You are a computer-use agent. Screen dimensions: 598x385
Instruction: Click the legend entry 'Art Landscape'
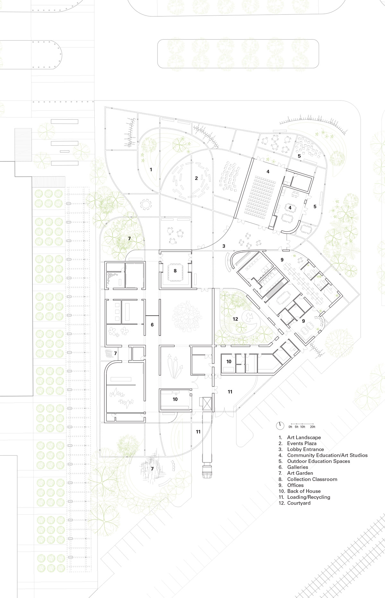click(x=304, y=437)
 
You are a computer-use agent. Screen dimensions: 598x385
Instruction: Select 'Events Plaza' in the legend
click(x=302, y=443)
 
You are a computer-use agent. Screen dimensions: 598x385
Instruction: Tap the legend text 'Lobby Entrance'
click(x=305, y=449)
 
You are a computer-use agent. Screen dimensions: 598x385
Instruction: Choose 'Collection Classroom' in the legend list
click(x=312, y=479)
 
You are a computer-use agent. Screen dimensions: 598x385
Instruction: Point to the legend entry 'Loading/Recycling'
click(x=308, y=497)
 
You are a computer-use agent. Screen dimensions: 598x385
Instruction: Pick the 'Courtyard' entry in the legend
click(x=299, y=503)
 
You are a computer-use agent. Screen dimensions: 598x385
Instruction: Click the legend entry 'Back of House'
click(x=304, y=491)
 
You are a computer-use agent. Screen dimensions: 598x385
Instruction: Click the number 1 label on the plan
click(x=151, y=169)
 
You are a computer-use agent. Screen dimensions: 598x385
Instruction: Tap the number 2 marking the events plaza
click(x=197, y=178)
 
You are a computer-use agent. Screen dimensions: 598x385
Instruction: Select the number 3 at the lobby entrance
click(x=224, y=246)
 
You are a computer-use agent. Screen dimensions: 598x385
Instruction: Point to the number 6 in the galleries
click(x=152, y=325)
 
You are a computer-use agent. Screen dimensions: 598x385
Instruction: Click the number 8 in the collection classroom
click(x=175, y=271)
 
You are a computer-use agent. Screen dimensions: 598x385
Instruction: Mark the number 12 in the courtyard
click(x=235, y=319)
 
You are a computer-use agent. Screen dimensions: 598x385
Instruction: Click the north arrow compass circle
click(x=280, y=425)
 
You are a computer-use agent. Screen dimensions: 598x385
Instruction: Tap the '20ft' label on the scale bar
click(x=312, y=427)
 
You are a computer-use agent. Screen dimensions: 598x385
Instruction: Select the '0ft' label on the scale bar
click(x=290, y=427)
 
